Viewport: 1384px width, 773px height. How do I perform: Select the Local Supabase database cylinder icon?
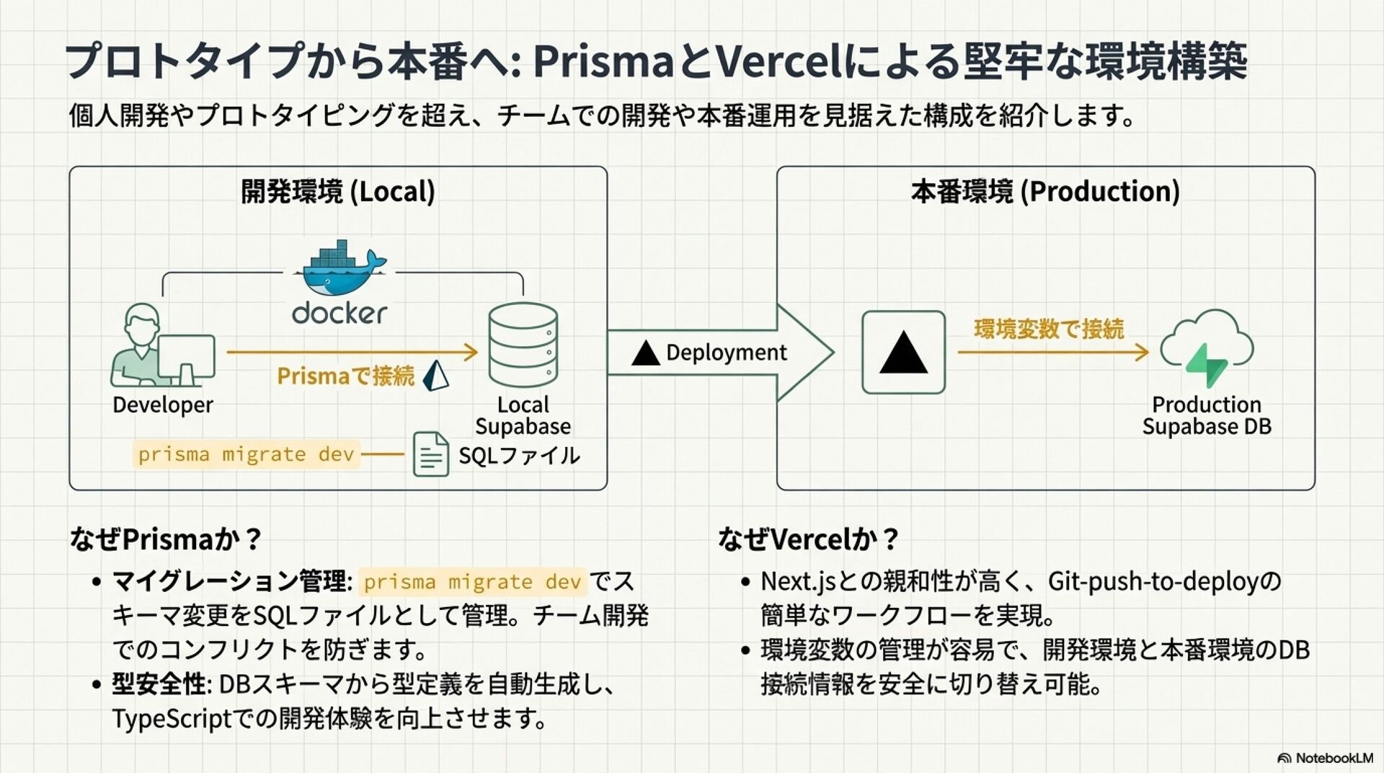[x=523, y=345]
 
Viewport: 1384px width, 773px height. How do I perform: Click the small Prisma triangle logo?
[x=435, y=375]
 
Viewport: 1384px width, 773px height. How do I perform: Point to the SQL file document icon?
[x=430, y=454]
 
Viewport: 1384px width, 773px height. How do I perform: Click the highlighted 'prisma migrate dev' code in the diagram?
[x=246, y=454]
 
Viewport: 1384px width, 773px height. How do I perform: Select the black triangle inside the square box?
[x=903, y=353]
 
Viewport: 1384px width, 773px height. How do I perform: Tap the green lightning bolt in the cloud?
[x=1206, y=363]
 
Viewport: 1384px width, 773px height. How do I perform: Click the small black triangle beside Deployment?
[x=645, y=353]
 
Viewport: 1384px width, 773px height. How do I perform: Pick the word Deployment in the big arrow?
[x=726, y=353]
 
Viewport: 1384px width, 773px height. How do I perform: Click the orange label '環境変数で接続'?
[x=1049, y=329]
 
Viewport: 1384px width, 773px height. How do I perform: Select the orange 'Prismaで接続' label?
[x=345, y=376]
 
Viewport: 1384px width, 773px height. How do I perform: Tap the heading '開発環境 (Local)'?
[x=338, y=192]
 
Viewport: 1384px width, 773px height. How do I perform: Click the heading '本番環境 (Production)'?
[x=1045, y=192]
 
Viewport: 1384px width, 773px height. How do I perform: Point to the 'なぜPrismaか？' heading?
[x=165, y=539]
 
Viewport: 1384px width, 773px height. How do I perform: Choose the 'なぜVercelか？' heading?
[x=808, y=539]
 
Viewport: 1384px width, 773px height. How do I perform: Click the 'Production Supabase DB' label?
[x=1207, y=415]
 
